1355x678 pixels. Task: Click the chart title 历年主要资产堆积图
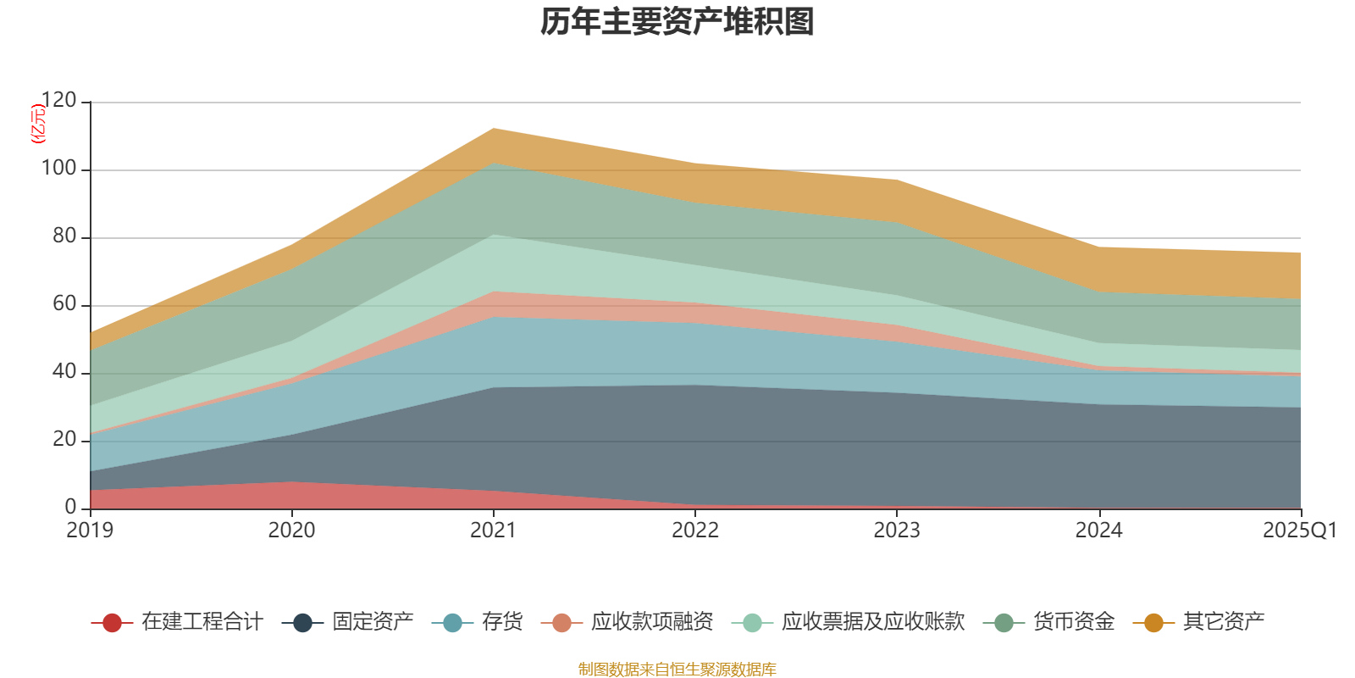pos(677,23)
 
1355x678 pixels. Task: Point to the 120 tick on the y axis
pos(58,101)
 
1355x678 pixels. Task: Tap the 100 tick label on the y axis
pos(58,169)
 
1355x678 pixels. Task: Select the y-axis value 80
pos(64,236)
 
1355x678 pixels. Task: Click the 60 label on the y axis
pos(64,304)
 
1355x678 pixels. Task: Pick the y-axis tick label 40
pos(64,372)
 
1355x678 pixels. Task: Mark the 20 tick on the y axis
pos(64,440)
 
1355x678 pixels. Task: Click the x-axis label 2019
pos(90,531)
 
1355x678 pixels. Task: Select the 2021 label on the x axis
pos(493,531)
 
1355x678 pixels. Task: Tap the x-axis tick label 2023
pos(897,531)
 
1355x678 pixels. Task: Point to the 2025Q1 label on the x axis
pos(1299,531)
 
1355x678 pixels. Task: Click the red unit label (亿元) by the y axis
pos(38,124)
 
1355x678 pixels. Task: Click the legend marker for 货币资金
pos(1004,623)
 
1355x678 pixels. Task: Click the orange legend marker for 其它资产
pos(1153,623)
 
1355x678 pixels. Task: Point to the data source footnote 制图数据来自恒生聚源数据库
pos(677,670)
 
